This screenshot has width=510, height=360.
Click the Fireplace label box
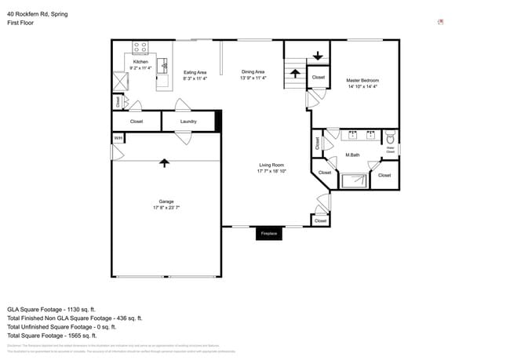point(269,234)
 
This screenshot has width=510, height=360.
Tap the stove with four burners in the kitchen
point(140,48)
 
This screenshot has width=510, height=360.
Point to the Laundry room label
point(188,122)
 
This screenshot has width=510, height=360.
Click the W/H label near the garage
point(118,138)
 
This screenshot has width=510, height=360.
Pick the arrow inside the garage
point(164,162)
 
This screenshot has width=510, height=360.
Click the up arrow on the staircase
point(295,74)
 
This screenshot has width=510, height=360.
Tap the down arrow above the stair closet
point(318,56)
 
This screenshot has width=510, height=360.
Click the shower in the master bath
point(353,181)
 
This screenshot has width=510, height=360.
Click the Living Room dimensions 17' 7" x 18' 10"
point(271,170)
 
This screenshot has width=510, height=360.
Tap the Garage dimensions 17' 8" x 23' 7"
point(166,207)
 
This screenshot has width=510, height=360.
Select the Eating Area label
point(195,72)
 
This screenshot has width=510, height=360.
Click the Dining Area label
point(253,72)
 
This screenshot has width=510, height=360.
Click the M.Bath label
point(352,155)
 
